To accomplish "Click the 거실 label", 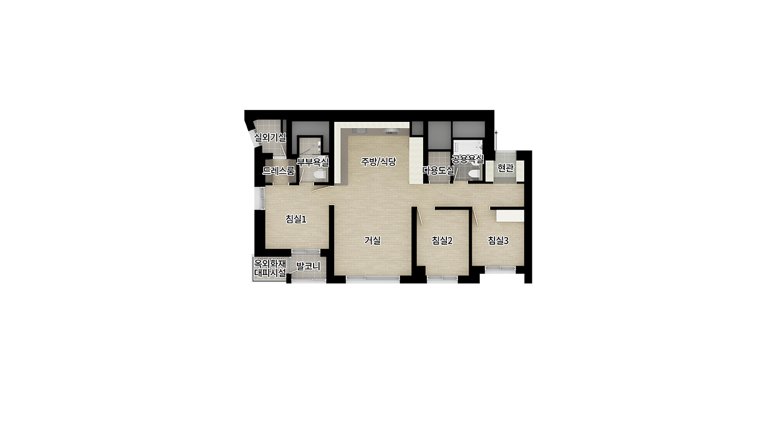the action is [373, 240].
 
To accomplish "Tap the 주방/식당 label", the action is [379, 161].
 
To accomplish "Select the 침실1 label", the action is [296, 219].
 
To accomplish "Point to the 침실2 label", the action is [442, 240].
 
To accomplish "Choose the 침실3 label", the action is [498, 240].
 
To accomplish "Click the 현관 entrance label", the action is [505, 168].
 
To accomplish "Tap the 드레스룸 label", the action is [278, 171].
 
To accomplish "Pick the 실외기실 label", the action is [270, 137].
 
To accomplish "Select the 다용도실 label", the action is [438, 170].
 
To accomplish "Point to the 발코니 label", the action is [308, 266].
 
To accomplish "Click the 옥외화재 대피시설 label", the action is [270, 268].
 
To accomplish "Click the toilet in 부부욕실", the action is [320, 174].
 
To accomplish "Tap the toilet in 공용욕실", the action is [474, 173].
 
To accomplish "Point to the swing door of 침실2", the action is [419, 216].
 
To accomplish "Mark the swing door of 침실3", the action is [475, 217].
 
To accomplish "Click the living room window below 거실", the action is [373, 278].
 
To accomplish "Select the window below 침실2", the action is [442, 278].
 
